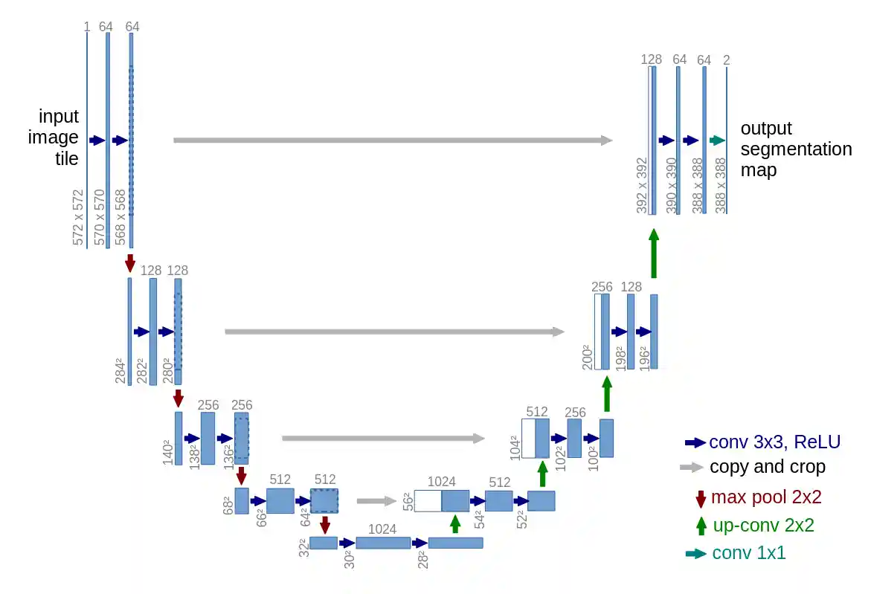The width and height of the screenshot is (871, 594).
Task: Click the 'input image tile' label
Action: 59,138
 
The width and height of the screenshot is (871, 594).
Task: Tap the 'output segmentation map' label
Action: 795,149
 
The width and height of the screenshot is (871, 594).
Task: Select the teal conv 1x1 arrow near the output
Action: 717,140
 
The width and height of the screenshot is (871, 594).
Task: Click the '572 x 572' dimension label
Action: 79,217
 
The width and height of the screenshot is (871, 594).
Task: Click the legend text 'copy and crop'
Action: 767,467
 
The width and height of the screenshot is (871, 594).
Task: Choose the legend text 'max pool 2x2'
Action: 766,497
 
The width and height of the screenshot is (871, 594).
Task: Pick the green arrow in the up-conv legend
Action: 701,526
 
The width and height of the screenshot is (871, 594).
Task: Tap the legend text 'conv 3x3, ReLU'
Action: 774,442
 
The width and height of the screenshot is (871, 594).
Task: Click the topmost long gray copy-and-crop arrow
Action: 393,140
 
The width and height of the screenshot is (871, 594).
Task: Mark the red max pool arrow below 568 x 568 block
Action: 130,263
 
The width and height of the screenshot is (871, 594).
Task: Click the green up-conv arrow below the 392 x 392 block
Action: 654,254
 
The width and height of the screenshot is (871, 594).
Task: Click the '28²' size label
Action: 422,560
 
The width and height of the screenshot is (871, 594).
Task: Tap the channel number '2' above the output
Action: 726,59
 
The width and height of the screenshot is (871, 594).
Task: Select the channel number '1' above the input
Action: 87,27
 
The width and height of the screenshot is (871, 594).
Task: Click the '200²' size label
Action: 587,358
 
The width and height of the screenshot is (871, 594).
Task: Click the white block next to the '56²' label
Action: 428,501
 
